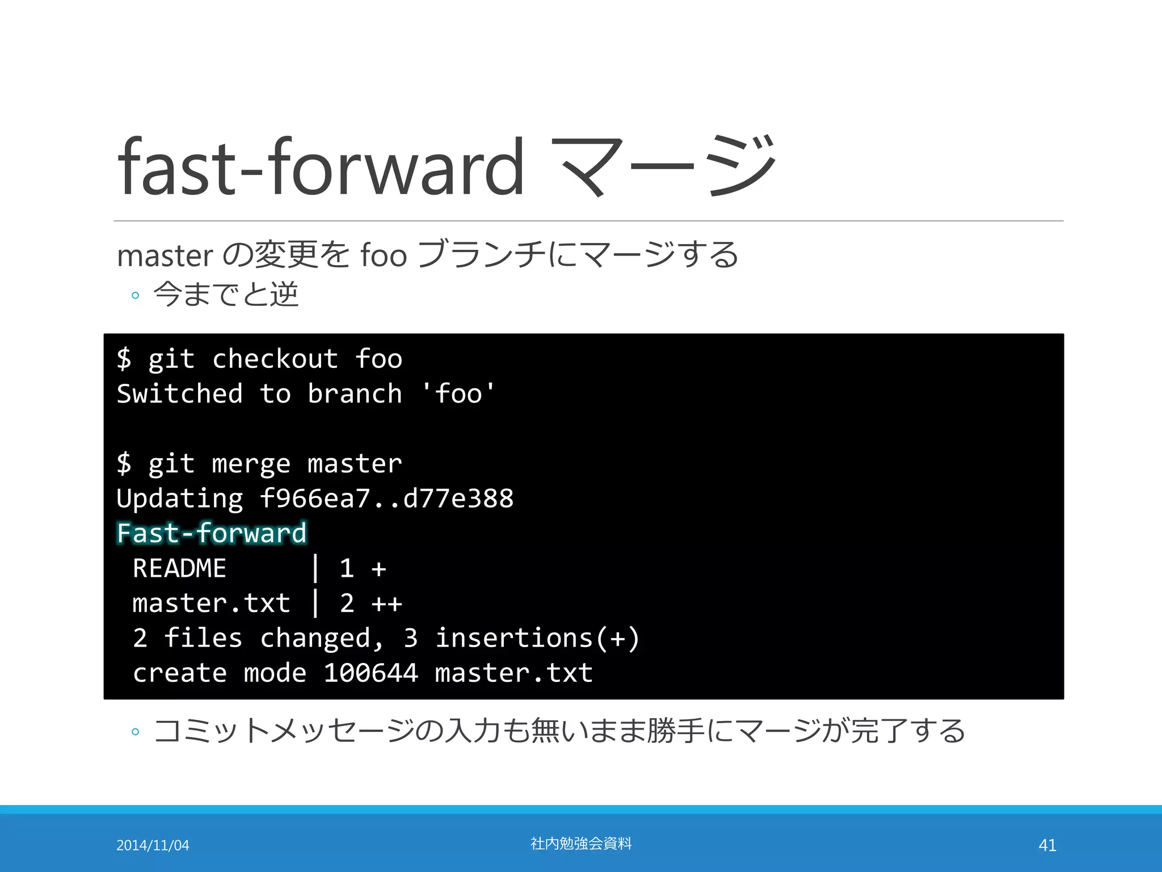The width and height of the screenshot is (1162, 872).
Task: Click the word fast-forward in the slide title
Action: [321, 167]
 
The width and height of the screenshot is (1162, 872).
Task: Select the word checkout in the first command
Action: [275, 359]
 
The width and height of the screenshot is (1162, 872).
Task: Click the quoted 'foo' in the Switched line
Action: [458, 394]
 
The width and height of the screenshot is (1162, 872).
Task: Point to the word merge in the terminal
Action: [251, 464]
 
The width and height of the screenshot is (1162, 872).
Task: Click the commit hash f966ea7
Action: [314, 498]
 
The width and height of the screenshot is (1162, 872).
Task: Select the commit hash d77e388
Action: [458, 498]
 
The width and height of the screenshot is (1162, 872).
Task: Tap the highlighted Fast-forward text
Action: [212, 534]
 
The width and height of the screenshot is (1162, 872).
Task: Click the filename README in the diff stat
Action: [179, 568]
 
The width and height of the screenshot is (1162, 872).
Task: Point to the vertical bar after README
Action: [315, 568]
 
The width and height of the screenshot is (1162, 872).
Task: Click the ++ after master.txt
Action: [387, 603]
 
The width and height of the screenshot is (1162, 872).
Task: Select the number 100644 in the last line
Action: [371, 673]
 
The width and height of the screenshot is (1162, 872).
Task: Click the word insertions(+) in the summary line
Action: [537, 638]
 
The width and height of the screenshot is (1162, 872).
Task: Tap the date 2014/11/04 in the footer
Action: [153, 845]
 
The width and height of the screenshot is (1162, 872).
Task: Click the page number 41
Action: [1047, 845]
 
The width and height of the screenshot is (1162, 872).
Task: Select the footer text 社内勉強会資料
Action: [580, 844]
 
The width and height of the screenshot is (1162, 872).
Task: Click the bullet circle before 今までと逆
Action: [135, 295]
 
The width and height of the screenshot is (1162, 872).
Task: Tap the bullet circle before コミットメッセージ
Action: [135, 732]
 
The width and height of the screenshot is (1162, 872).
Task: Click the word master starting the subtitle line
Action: [165, 256]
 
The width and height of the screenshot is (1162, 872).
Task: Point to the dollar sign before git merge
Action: [124, 464]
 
